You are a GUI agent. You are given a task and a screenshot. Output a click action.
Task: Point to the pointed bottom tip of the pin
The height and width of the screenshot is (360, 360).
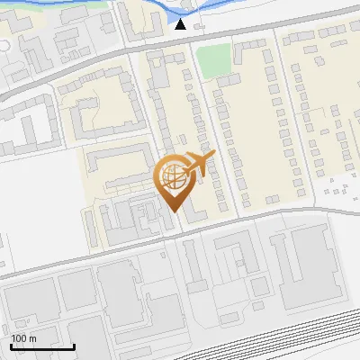(174, 211)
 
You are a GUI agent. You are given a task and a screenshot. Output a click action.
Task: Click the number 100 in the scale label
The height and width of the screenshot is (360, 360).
(19, 338)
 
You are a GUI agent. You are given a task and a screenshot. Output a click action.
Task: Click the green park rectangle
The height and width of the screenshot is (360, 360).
(213, 61)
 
